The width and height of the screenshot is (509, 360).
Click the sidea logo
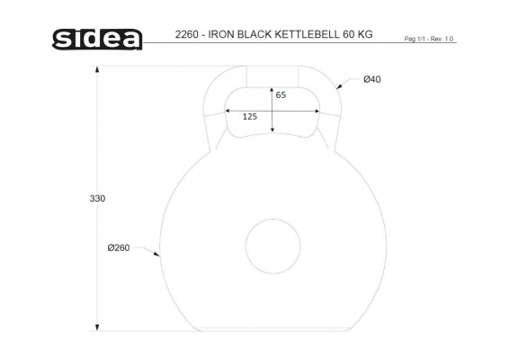(97, 40)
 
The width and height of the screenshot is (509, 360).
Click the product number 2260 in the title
(187, 34)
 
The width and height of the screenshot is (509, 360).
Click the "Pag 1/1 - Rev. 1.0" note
(428, 39)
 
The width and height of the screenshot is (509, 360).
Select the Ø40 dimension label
(372, 79)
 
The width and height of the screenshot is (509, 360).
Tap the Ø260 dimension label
(119, 247)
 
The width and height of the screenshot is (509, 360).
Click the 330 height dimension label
(97, 199)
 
